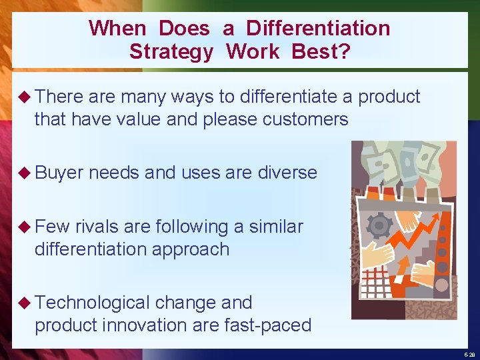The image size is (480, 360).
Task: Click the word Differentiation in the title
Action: click(x=317, y=28)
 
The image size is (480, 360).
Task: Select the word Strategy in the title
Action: click(x=171, y=51)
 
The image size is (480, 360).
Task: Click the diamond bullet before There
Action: click(x=26, y=97)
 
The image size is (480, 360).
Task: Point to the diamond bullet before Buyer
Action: click(x=26, y=173)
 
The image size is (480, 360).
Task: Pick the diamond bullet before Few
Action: click(x=26, y=227)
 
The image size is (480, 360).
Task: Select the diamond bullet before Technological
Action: click(x=26, y=303)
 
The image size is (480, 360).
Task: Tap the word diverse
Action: click(x=287, y=173)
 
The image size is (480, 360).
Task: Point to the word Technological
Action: click(x=93, y=303)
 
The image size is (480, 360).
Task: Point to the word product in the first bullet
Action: click(x=389, y=97)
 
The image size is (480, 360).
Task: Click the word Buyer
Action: click(x=59, y=173)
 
